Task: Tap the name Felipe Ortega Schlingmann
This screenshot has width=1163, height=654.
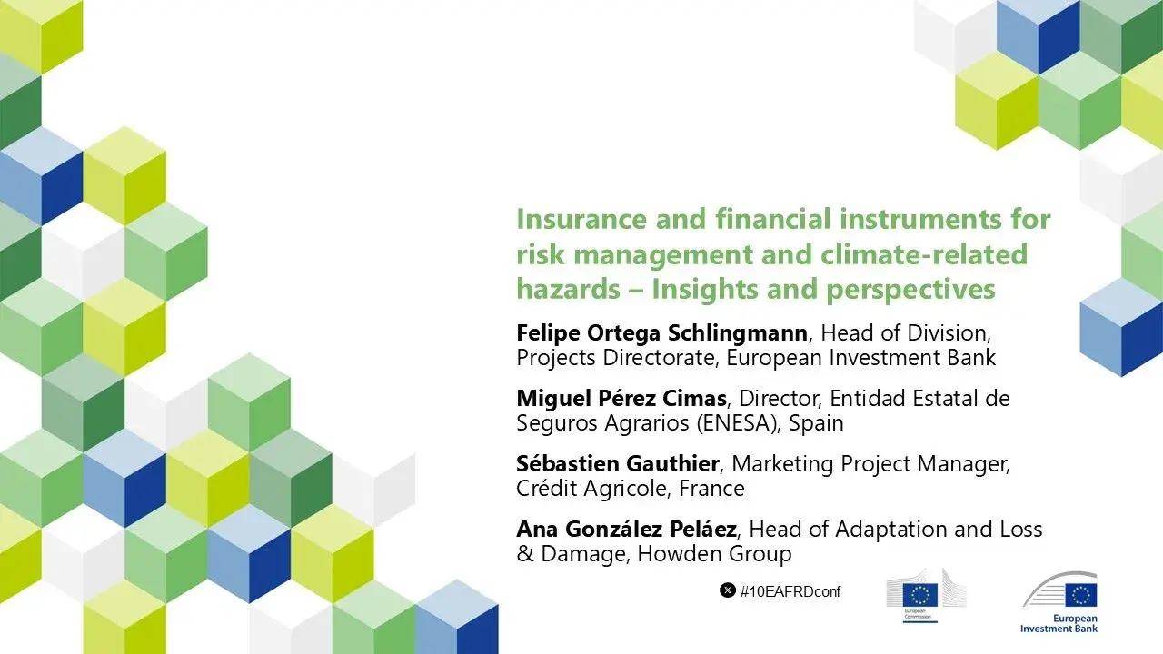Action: point(661,332)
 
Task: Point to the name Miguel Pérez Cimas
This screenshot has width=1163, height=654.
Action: point(621,398)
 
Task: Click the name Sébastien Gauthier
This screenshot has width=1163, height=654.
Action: point(618,464)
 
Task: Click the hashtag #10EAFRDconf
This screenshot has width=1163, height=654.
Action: point(790,591)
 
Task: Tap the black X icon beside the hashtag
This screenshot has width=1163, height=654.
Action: point(727,590)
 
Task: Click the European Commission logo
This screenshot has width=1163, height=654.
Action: point(926,600)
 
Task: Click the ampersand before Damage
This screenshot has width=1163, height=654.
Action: point(525,554)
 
